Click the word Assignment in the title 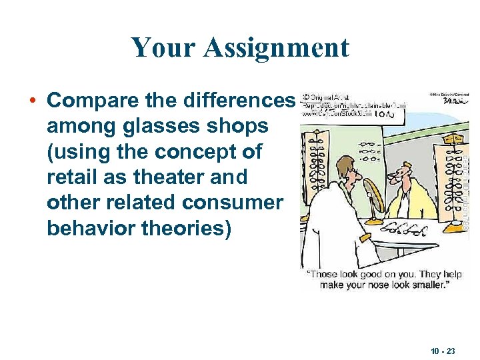pyautogui.click(x=276, y=48)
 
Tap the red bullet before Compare pyautogui.click(x=32, y=101)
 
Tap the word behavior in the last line pyautogui.click(x=84, y=229)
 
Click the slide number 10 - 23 pyautogui.click(x=441, y=349)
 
